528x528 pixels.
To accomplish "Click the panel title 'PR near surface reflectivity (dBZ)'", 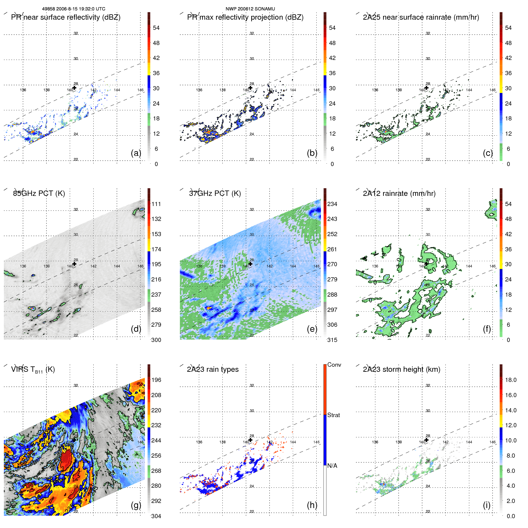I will pos(66,17).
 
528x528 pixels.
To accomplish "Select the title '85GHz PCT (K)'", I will pos(39,193).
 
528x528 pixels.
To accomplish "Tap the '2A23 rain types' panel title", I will pos(213,369).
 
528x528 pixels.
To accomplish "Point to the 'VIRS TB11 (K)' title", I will pos(33,370).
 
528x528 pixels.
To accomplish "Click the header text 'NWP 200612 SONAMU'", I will pos(250,9).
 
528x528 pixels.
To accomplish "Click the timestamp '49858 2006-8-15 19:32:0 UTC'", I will pos(73,9).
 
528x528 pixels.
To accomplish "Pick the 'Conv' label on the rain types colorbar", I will pos(334,365).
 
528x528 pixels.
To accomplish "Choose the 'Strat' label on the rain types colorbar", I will pos(333,415).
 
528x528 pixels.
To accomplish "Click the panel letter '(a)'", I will pos(136,153).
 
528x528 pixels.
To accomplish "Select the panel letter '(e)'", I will pos(312,329).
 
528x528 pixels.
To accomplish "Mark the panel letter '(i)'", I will pos(487,505).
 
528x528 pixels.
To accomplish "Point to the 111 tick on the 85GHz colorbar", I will pos(156,204).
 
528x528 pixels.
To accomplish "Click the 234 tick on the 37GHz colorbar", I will pos(332,204).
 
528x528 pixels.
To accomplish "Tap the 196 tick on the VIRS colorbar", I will pos(156,380).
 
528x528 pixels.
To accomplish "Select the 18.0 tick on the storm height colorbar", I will pos(510,380).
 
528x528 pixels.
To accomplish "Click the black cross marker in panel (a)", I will pos(75,88).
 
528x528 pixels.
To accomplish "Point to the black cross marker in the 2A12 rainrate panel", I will pos(427,264).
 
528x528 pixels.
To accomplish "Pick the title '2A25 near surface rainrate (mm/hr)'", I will pos(421,17).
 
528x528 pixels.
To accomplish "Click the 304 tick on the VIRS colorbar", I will pos(156,516).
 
